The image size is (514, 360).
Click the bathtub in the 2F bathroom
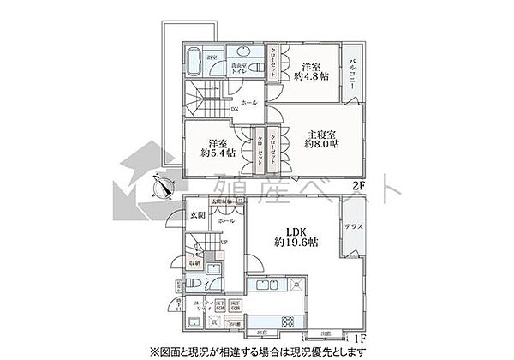[x=192, y=64]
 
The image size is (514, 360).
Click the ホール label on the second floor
[x=248, y=102]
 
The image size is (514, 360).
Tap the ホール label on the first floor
[x=227, y=221]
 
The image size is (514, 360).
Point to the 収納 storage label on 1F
[x=194, y=263]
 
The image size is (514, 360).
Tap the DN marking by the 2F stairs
[x=234, y=110]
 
